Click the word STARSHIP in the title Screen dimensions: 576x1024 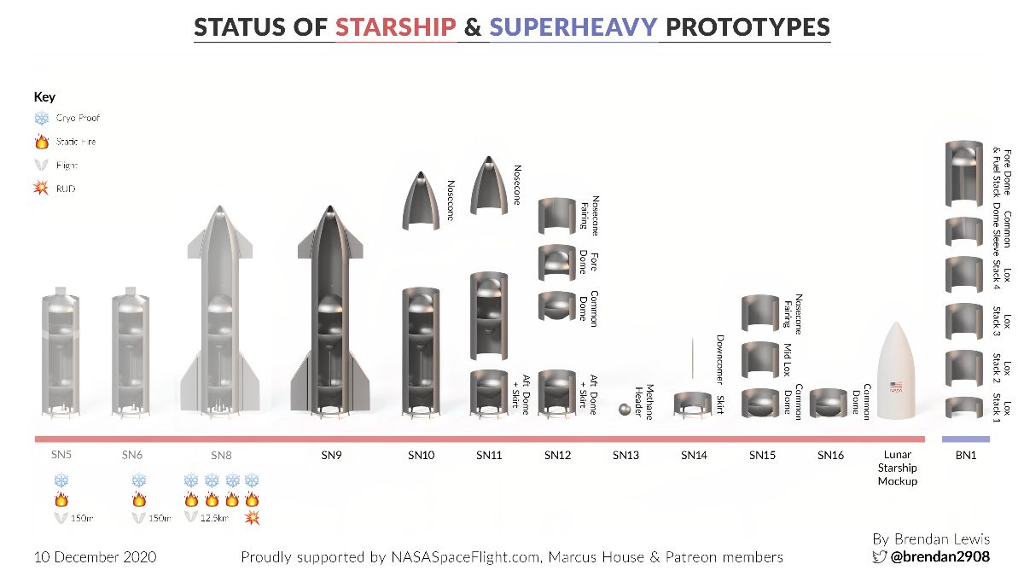(396, 27)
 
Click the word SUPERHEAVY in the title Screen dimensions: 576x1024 (573, 27)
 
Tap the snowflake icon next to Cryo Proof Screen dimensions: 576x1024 (42, 119)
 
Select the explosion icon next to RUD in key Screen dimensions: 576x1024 (42, 189)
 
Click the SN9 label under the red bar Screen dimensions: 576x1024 (332, 456)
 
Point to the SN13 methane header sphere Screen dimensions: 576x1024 (625, 410)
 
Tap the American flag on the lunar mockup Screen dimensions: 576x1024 (896, 386)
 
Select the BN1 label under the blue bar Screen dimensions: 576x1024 (965, 456)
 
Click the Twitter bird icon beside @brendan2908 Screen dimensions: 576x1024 (878, 556)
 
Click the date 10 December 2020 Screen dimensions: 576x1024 (96, 557)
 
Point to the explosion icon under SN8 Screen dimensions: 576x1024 (252, 517)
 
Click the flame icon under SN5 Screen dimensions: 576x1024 (61, 499)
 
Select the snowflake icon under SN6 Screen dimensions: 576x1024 (139, 481)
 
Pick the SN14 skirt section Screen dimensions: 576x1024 (694, 404)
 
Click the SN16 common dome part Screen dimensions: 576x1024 (827, 404)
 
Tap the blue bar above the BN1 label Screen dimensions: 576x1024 (965, 439)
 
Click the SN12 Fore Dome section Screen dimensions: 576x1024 (557, 261)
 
